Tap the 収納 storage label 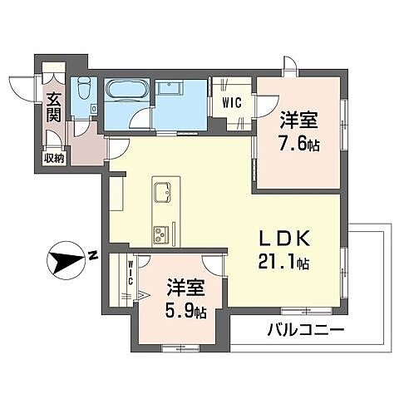click(x=52, y=158)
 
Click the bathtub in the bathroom click(x=126, y=91)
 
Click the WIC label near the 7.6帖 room click(x=230, y=104)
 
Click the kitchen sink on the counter click(x=160, y=194)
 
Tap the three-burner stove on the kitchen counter click(x=160, y=230)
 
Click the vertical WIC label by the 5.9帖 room click(x=131, y=273)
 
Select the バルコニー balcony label click(x=305, y=331)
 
